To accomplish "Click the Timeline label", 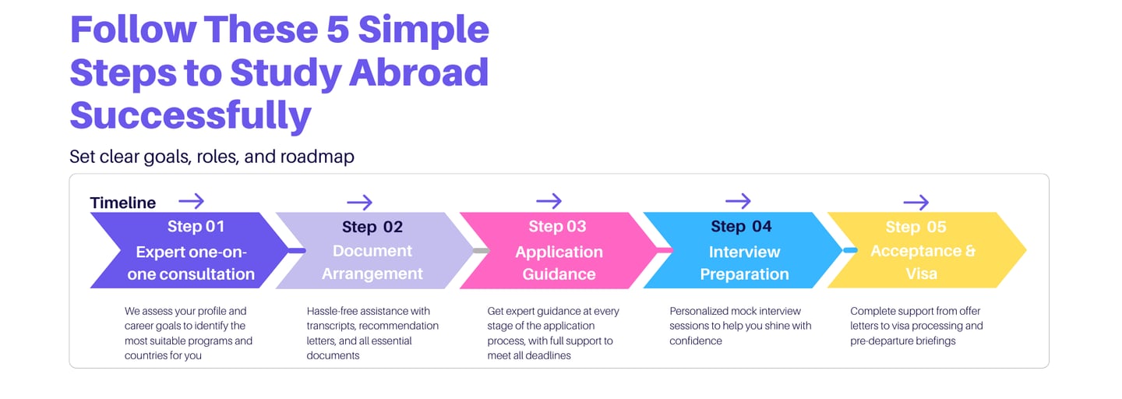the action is click(x=123, y=203).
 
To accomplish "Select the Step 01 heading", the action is click(x=196, y=227).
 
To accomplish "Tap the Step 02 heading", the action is click(x=372, y=227).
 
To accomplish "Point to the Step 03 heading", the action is click(x=557, y=227).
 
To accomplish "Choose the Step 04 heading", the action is click(x=741, y=227).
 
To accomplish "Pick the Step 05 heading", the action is click(x=916, y=227).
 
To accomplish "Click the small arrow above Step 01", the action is click(x=191, y=201).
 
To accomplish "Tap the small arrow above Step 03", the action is click(x=549, y=201).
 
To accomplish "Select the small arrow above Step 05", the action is click(x=916, y=203).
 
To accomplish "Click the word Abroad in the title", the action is click(x=418, y=72).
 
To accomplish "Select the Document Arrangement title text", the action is click(x=372, y=263).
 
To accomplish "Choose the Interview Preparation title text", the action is click(x=744, y=263).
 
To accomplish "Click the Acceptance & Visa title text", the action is click(x=923, y=263).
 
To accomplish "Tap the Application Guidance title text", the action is click(x=559, y=263).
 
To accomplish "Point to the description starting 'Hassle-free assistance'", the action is click(x=372, y=333).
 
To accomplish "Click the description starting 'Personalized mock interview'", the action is click(x=740, y=326).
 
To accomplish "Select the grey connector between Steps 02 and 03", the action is click(x=480, y=250).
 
